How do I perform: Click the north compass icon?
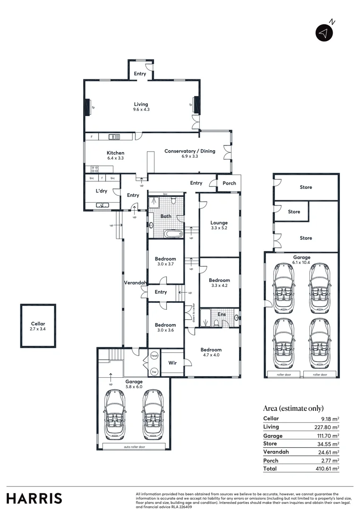[x=324, y=32]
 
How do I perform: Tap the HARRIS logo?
[x=34, y=498]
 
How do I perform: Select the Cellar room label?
[x=38, y=326]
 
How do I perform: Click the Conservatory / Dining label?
[x=189, y=153]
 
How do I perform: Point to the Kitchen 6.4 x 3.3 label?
[x=115, y=155]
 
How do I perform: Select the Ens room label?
[x=221, y=314]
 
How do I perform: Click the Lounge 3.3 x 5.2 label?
[x=219, y=225]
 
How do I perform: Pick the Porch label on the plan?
[x=229, y=183]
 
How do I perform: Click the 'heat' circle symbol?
[x=154, y=356]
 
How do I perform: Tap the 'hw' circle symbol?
[x=154, y=372]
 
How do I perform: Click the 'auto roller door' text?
[x=134, y=446]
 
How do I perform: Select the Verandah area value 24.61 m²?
[x=330, y=452]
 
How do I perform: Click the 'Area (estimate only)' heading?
[x=293, y=408]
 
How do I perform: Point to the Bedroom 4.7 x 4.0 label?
[x=210, y=352]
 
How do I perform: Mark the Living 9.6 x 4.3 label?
[x=141, y=107]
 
